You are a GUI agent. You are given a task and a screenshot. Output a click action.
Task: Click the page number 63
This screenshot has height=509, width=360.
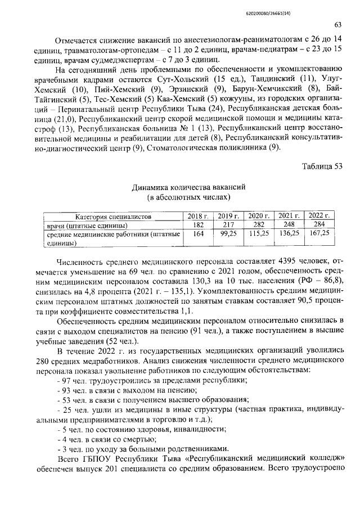coord(338,25)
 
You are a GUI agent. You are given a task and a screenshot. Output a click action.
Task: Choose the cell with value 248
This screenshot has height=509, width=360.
coord(289,225)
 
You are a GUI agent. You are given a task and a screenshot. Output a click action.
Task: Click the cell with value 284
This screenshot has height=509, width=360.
coord(319,225)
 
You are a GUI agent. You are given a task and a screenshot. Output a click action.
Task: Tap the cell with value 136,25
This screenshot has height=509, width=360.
coord(289,233)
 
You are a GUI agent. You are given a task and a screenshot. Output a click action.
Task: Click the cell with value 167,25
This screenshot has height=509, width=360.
coord(319,233)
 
